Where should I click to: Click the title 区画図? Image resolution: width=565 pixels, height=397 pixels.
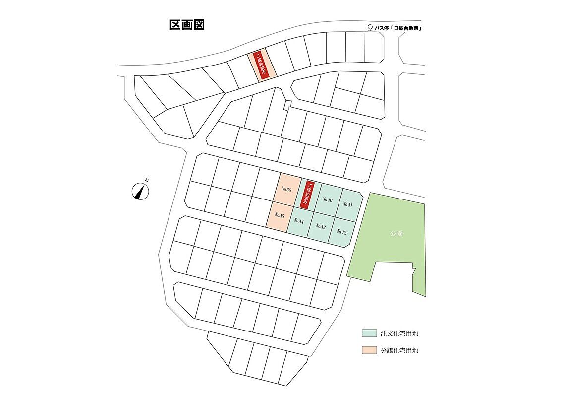(187, 25)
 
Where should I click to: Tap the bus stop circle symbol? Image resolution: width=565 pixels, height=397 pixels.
(369, 28)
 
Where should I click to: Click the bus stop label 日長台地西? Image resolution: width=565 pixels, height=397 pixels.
(405, 29)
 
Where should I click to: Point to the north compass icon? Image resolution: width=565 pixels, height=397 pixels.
(140, 191)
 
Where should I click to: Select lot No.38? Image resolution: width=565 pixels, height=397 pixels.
(286, 190)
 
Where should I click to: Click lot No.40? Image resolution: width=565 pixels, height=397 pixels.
(327, 199)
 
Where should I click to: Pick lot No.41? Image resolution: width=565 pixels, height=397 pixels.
(347, 204)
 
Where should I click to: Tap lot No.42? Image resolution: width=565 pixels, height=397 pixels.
(341, 232)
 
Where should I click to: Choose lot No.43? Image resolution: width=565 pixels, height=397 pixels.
(321, 226)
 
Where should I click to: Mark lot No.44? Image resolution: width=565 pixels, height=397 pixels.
(299, 221)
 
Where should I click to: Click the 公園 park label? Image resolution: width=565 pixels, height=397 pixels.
(396, 232)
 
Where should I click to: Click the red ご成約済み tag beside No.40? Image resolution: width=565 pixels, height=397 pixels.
(308, 194)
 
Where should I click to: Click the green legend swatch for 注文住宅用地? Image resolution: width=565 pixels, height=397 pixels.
(368, 333)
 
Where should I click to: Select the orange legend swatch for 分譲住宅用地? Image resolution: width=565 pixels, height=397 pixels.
(368, 350)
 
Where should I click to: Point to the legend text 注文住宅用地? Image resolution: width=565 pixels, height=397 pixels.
(399, 333)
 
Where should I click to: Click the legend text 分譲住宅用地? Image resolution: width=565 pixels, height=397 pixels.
(399, 350)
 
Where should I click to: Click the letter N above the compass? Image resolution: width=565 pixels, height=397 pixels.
(147, 180)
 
